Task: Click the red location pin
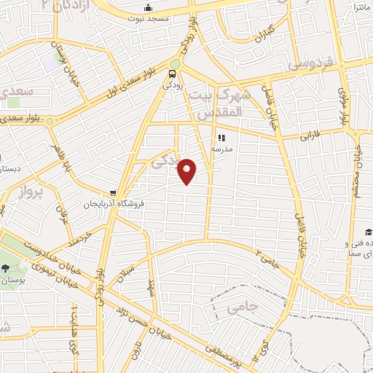pos(187,171)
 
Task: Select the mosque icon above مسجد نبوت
pos(148,7)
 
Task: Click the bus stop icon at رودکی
pos(173,74)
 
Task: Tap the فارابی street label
pos(315,136)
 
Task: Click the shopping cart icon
pos(113,193)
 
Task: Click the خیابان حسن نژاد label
pos(138,314)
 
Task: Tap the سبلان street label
pos(125,273)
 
